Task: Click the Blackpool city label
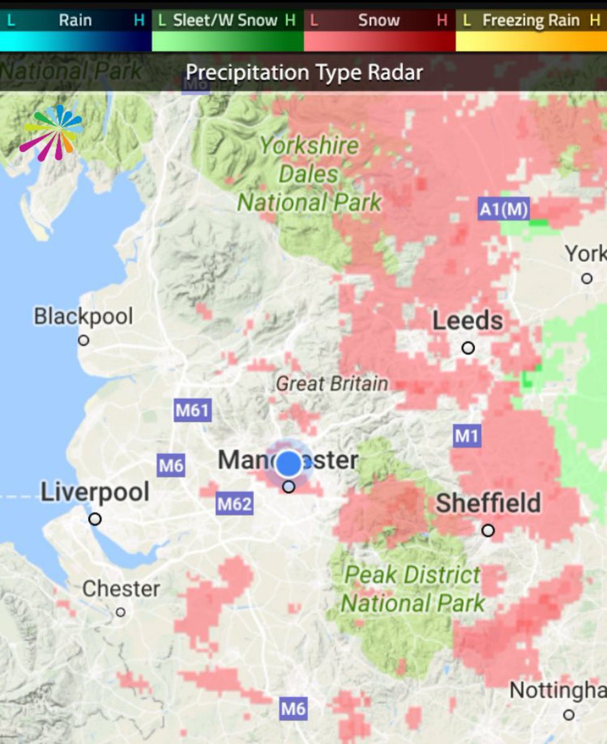coord(83,316)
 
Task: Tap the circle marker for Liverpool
coord(95,519)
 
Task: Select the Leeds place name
coord(468,321)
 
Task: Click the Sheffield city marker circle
coord(488,530)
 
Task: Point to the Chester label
coord(121,588)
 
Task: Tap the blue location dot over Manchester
coord(288,463)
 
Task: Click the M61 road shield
coord(193,410)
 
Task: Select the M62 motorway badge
coord(235,504)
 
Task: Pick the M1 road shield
coord(466,436)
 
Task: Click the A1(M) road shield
coord(504,210)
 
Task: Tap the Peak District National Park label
coord(413,589)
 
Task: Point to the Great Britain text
coord(332,384)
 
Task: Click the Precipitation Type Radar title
coord(304,73)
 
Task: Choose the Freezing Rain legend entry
coord(530,20)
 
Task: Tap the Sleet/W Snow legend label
coord(225,20)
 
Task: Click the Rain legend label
coord(75,20)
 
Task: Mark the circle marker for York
coord(587,278)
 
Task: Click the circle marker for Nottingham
coord(569,715)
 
